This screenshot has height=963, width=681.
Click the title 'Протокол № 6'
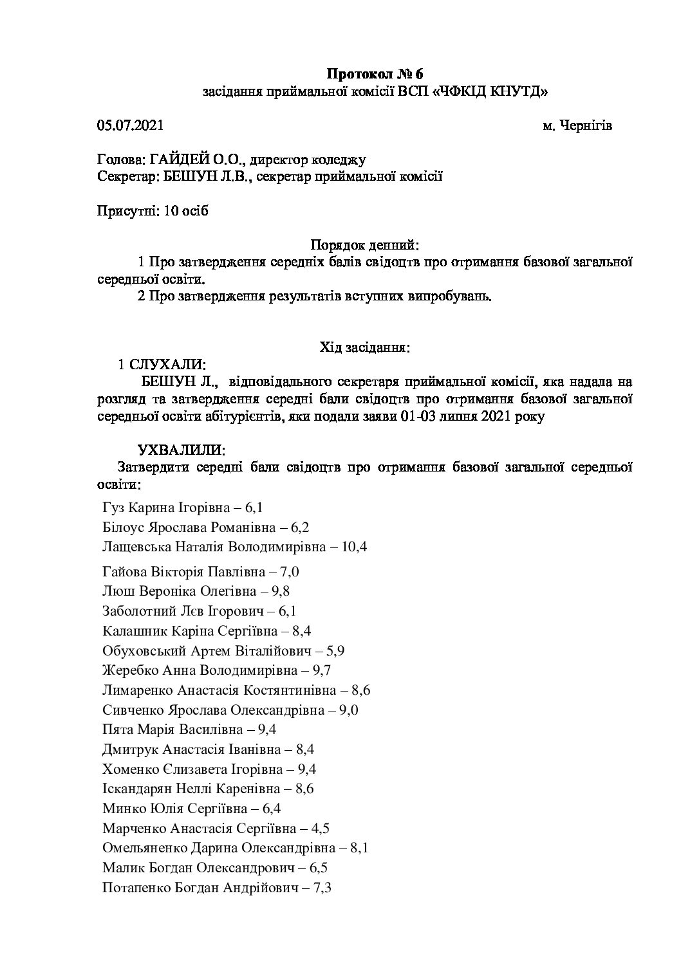pyautogui.click(x=376, y=73)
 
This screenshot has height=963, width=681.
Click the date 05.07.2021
pyautogui.click(x=130, y=125)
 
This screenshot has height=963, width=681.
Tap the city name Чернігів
pyautogui.click(x=586, y=125)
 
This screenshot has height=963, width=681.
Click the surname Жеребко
pyautogui.click(x=125, y=670)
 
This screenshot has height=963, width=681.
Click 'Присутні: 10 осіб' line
pyautogui.click(x=153, y=211)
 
